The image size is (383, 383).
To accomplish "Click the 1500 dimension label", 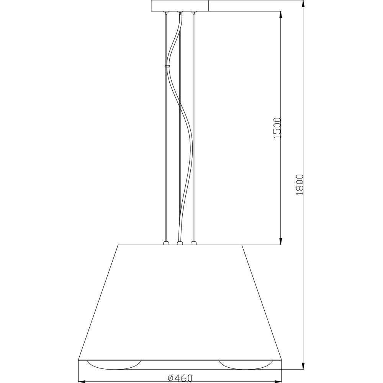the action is click(x=278, y=128).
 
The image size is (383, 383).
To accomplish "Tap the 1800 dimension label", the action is click(x=300, y=185).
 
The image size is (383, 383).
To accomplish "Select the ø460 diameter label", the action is click(x=180, y=378).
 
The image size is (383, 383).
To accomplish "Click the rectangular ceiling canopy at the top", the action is click(x=180, y=6).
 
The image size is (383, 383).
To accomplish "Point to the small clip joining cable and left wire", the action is click(x=167, y=66).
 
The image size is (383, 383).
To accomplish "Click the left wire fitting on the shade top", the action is click(x=166, y=243).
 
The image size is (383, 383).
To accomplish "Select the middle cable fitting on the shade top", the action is click(x=180, y=243).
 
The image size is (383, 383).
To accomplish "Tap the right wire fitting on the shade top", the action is click(x=193, y=243).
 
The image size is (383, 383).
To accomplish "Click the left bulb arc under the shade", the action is click(x=114, y=368).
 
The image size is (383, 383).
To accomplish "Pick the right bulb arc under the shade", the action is click(x=245, y=368).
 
